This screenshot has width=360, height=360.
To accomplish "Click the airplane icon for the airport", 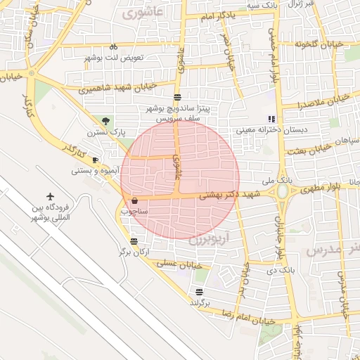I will (51, 195).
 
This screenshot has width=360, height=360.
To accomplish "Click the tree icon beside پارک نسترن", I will (106, 121).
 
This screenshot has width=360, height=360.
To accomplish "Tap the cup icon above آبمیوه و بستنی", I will (96, 160).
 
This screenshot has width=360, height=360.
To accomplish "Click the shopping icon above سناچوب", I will (134, 200).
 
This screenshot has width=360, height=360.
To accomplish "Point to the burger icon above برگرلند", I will (200, 291).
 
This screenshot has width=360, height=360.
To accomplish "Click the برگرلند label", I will (200, 302).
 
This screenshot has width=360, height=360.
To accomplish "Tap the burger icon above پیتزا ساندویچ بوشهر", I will (176, 98).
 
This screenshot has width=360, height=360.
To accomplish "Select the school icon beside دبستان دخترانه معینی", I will (271, 119).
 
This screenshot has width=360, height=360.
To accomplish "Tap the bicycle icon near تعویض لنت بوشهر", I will (113, 46).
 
